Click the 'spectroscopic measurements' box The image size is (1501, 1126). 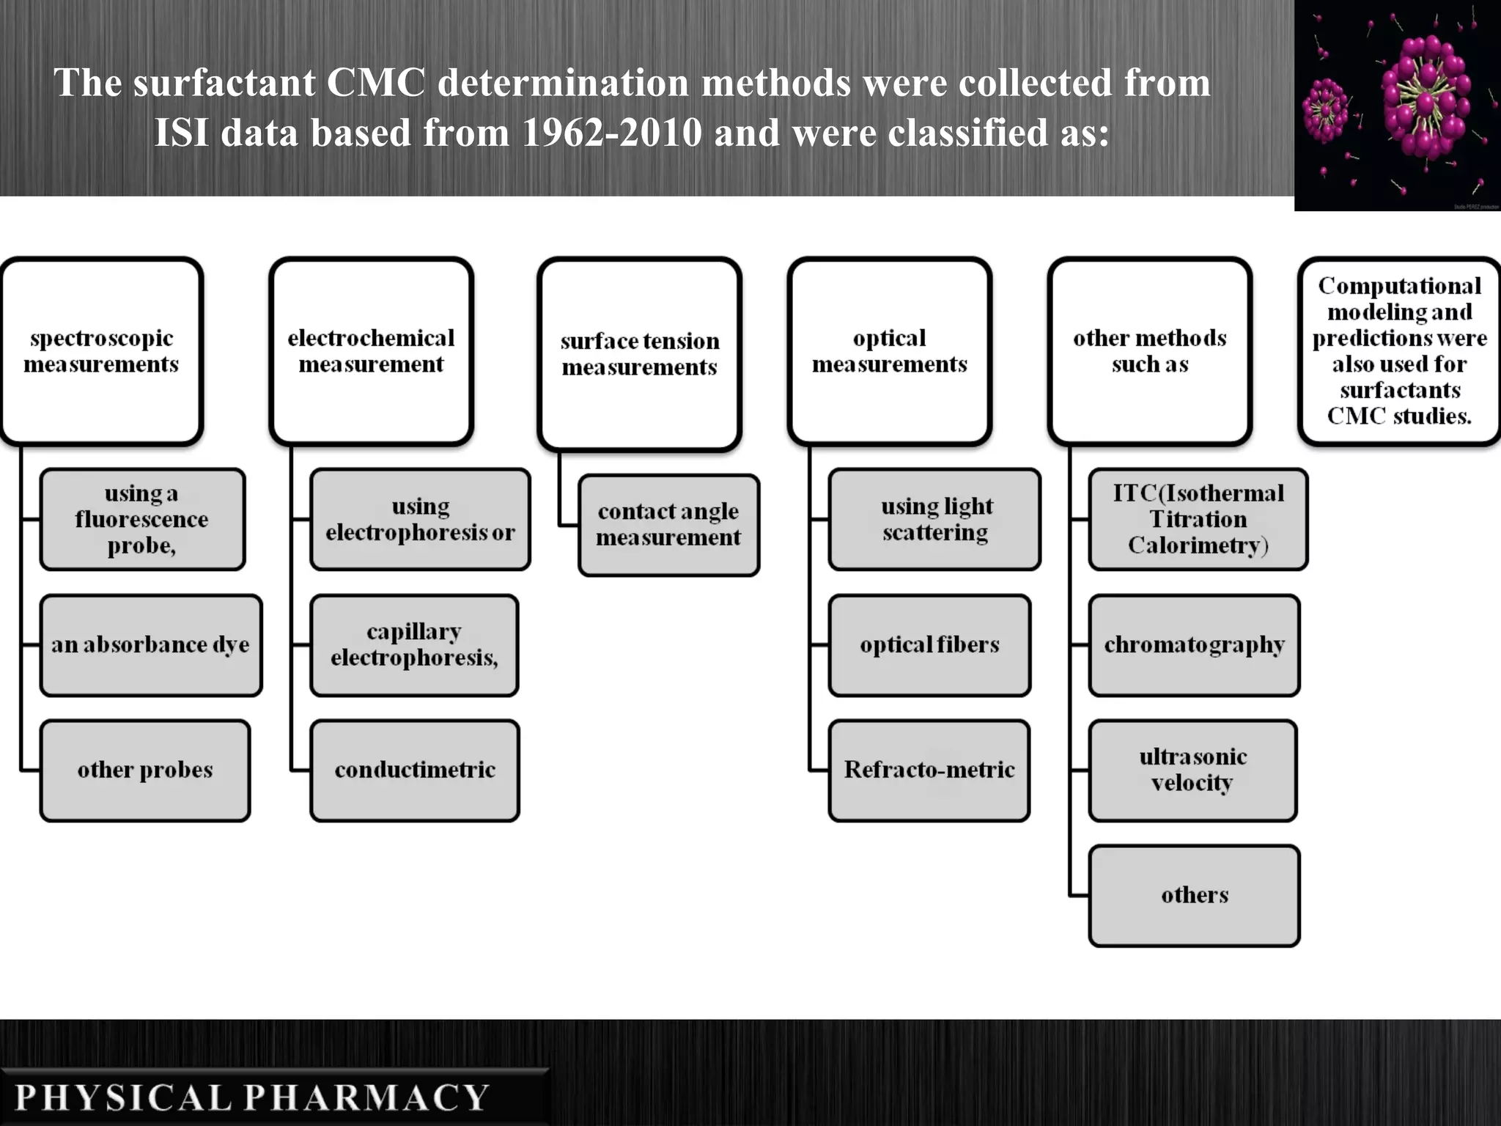(x=101, y=351)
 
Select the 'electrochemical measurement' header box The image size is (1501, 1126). (x=371, y=351)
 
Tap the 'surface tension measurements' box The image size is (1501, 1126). (x=639, y=354)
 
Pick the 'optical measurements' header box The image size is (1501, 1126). (x=889, y=351)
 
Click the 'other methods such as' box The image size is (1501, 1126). (x=1149, y=351)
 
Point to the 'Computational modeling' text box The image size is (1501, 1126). (x=1399, y=351)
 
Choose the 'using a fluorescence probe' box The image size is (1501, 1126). (x=142, y=519)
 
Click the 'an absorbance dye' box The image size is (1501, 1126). (x=150, y=645)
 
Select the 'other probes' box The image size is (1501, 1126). (x=145, y=770)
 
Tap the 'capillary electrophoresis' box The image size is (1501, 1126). (x=414, y=645)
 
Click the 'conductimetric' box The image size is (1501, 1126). (x=415, y=770)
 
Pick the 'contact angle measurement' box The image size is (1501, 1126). (x=668, y=525)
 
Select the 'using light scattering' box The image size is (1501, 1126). (x=934, y=519)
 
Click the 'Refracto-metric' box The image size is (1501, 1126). (x=929, y=770)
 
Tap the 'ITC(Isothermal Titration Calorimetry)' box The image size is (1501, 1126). (x=1198, y=519)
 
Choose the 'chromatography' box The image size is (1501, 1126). (x=1194, y=645)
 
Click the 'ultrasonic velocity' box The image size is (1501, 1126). (x=1192, y=770)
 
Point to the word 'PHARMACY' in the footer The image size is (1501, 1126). (x=366, y=1097)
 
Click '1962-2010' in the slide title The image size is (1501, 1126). (x=612, y=133)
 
